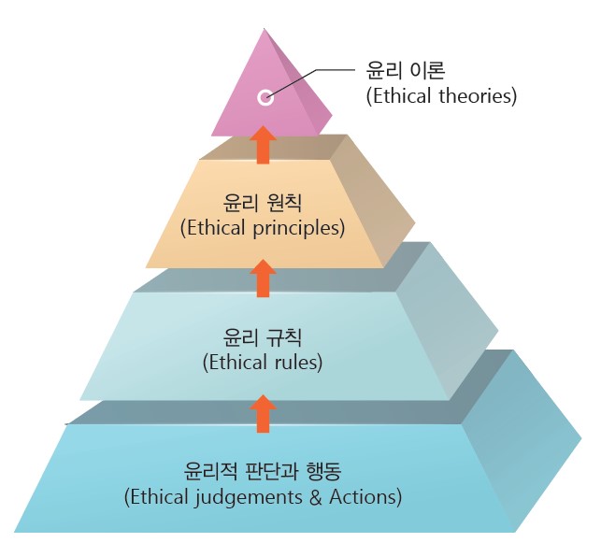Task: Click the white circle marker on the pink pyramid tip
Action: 265,96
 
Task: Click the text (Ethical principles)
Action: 263,227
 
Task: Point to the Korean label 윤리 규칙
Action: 263,336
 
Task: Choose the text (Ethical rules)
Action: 263,362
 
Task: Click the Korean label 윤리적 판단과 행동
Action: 263,470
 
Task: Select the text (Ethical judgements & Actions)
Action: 263,496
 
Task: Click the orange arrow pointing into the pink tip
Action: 264,145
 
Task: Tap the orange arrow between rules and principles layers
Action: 264,278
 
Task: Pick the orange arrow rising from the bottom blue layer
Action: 264,412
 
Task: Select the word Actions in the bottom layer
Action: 366,496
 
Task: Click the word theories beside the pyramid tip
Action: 478,95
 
